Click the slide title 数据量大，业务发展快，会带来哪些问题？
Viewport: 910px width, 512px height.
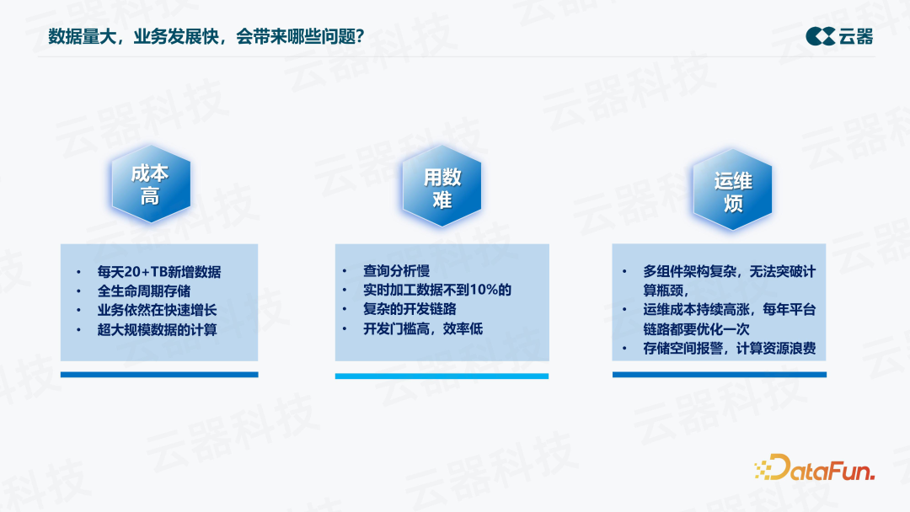point(206,36)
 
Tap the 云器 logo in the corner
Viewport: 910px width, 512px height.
point(839,35)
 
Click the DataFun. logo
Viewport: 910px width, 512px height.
point(814,468)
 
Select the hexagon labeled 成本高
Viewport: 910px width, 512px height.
point(150,185)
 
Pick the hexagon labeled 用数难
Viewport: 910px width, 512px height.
point(442,189)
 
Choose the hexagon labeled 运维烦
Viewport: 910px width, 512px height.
point(732,191)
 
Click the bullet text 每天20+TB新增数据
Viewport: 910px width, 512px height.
point(159,272)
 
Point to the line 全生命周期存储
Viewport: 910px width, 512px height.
point(143,291)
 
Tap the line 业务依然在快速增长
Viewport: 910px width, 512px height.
point(157,311)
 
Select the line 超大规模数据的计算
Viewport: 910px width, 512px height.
point(157,330)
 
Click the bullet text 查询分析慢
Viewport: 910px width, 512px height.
point(396,270)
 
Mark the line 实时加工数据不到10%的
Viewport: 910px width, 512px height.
point(437,290)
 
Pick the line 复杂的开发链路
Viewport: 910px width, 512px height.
point(409,309)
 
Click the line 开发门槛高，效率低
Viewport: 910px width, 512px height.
point(423,328)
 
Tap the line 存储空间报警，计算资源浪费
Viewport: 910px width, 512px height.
point(729,349)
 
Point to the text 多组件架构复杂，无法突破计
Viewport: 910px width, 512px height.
point(729,271)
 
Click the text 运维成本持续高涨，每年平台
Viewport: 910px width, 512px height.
point(729,310)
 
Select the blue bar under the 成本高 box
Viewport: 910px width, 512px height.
point(159,375)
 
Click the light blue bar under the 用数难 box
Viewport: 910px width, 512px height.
point(442,376)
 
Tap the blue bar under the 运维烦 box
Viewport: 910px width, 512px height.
point(719,375)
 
